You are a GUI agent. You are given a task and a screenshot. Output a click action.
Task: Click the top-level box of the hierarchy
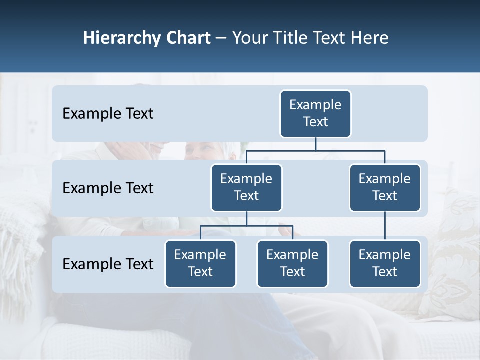tap(315, 113)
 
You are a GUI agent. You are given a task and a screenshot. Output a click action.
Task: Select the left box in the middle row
tap(246, 187)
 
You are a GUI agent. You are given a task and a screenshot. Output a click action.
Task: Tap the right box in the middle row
tap(385, 187)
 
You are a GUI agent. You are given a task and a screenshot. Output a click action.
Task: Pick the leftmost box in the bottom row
tap(200, 263)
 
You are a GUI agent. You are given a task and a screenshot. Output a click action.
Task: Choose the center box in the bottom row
tap(292, 263)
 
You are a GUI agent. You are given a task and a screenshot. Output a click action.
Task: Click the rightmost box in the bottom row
tap(385, 263)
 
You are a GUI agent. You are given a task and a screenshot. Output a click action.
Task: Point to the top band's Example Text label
tap(108, 114)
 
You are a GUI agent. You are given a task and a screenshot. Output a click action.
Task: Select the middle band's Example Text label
tap(108, 188)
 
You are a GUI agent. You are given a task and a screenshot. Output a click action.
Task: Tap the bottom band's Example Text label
tap(108, 264)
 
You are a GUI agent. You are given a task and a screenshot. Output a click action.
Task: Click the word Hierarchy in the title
tap(121, 38)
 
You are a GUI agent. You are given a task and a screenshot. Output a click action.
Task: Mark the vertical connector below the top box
tap(315, 144)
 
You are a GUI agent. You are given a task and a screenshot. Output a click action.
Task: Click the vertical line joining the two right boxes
tap(385, 226)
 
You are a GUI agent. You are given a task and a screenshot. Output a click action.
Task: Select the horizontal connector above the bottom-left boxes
tap(246, 226)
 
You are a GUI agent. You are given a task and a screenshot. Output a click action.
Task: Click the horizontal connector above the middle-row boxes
tap(315, 150)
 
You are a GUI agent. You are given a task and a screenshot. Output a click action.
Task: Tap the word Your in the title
tap(250, 38)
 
